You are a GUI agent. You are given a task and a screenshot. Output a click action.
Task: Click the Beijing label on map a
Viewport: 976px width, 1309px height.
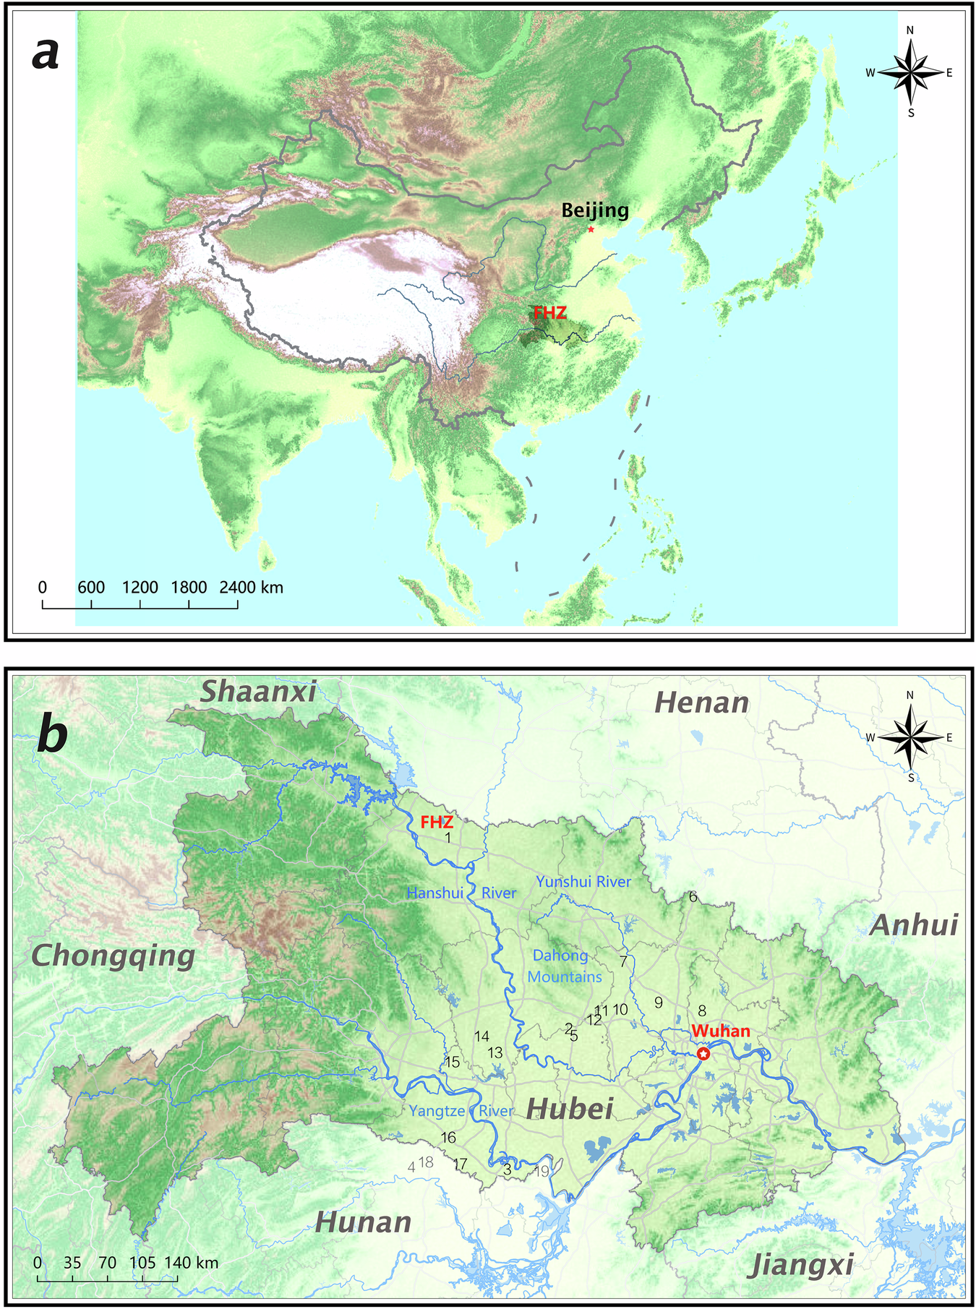595,210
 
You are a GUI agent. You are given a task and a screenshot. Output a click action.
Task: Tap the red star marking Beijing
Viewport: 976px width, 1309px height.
591,229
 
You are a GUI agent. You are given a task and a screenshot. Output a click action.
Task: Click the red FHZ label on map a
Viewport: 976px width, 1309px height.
550,313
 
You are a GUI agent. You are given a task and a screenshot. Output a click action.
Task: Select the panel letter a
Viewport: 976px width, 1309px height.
46,53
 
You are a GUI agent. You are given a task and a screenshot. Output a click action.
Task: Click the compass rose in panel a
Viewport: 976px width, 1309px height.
910,72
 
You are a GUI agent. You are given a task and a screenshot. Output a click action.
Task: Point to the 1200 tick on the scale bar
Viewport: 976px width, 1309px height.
140,587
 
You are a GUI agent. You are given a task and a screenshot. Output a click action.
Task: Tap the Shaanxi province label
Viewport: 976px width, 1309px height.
258,692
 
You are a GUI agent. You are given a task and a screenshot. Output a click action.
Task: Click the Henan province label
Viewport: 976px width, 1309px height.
701,703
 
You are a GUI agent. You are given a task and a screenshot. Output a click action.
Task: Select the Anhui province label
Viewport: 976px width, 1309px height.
914,925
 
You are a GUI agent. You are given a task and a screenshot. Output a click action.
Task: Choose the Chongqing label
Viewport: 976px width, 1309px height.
114,956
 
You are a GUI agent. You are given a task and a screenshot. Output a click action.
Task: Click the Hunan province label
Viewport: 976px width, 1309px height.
364,1222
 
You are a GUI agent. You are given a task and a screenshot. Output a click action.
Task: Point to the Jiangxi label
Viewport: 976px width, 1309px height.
802,1265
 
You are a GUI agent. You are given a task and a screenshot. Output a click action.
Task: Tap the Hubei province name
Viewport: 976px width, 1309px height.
570,1108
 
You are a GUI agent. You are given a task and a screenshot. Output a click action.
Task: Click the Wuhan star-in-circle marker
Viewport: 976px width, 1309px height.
703,1054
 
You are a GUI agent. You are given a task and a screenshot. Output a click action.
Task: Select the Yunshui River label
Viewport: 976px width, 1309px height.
583,882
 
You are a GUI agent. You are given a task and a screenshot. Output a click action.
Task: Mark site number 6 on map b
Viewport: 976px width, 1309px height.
693,897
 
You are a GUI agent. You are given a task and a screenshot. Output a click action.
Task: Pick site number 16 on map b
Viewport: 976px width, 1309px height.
448,1137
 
